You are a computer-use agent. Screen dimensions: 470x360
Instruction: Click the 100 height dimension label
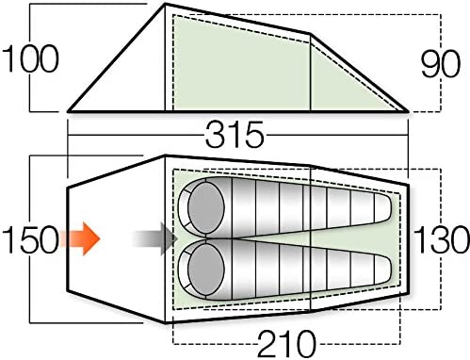tap(30, 58)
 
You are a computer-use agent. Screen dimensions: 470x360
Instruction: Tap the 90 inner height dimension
tap(441, 64)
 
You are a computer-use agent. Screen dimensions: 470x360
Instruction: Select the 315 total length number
tap(235, 135)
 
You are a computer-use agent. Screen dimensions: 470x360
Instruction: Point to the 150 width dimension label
tap(30, 239)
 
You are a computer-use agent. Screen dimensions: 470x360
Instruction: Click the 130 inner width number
tap(442, 238)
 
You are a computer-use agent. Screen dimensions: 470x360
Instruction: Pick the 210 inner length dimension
tap(286, 343)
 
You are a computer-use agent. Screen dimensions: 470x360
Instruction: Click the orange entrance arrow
tap(80, 238)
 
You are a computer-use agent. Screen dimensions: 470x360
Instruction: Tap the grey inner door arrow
tap(154, 238)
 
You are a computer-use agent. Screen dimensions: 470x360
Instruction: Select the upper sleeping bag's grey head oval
tap(206, 207)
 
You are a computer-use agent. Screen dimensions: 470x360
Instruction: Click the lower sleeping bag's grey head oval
tap(206, 270)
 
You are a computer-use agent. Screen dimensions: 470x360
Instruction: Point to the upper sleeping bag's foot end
tap(389, 207)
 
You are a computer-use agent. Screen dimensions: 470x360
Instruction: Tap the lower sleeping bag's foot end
tap(389, 270)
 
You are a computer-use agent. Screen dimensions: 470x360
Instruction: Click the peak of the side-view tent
tap(166, 4)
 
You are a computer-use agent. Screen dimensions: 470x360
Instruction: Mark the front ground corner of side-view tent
tap(69, 111)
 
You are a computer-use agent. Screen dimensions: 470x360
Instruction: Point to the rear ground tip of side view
tap(408, 111)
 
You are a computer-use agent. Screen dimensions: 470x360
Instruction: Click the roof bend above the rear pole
tap(310, 33)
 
